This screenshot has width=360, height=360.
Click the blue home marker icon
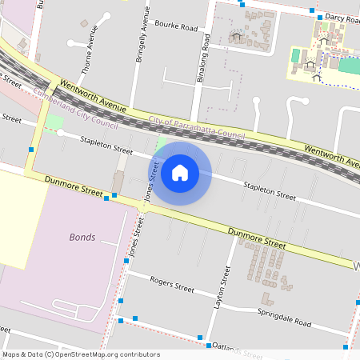pyautogui.click(x=180, y=172)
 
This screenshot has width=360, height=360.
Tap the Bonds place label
pyautogui.click(x=82, y=238)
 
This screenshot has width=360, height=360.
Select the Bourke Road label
pyautogui.click(x=176, y=27)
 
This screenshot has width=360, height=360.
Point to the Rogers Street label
pyautogui.click(x=172, y=286)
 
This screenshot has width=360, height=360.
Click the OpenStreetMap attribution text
pyautogui.click(x=81, y=354)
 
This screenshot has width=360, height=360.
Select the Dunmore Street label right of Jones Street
pyautogui.click(x=256, y=238)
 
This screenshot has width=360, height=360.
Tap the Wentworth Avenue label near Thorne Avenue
pyautogui.click(x=93, y=95)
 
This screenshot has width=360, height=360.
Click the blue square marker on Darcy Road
pyautogui.click(x=319, y=17)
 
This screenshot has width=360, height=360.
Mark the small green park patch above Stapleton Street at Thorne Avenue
pyautogui.click(x=54, y=122)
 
